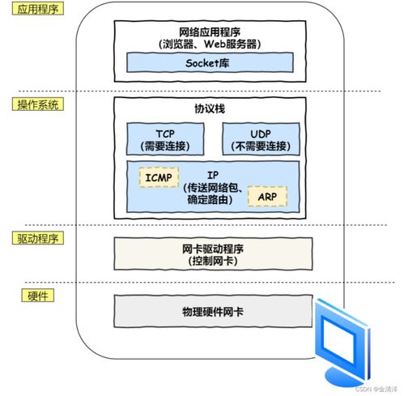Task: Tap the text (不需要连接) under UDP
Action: pos(260,146)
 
